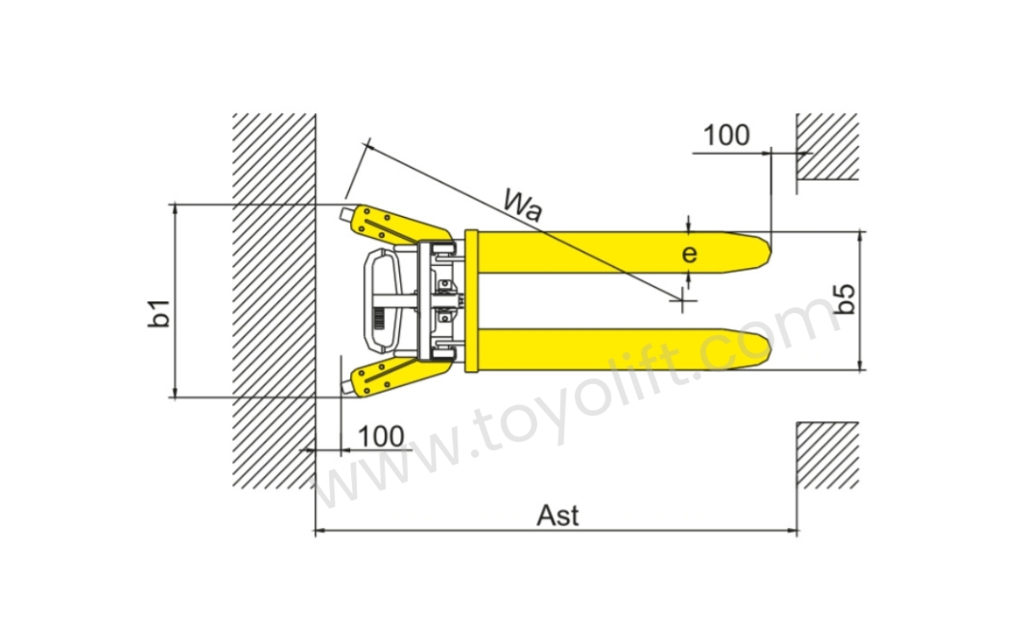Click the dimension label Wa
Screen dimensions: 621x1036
(x=522, y=204)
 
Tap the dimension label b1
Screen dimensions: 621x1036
(x=160, y=312)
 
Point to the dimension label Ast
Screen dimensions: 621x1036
(x=557, y=515)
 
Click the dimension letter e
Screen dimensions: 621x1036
(x=689, y=254)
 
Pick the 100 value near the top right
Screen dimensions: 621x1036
(x=726, y=135)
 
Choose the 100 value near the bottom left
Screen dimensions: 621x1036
(x=381, y=436)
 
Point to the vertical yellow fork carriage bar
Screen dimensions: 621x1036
(x=471, y=300)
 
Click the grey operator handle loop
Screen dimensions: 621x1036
(x=378, y=300)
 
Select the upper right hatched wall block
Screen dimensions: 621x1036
(x=827, y=146)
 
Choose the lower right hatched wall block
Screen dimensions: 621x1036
(x=827, y=454)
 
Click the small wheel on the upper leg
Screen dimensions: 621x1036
(x=346, y=211)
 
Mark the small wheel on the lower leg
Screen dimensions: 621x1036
(x=346, y=388)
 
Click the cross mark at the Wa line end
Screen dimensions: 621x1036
(x=683, y=301)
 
